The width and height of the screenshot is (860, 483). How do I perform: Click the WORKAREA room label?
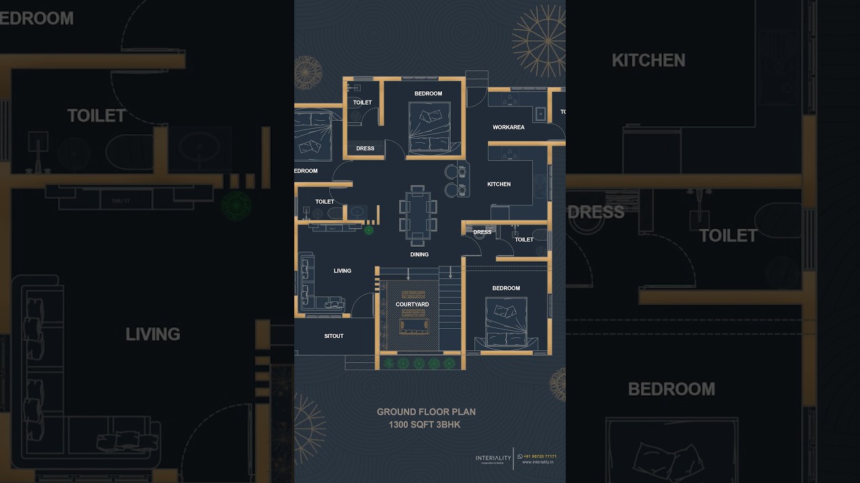click(508, 127)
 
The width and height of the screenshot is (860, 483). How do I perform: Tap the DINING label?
click(419, 255)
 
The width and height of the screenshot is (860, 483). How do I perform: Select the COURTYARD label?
click(412, 305)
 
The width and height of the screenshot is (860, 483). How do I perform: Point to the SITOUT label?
click(334, 336)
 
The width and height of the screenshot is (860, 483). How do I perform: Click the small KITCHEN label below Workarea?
click(499, 184)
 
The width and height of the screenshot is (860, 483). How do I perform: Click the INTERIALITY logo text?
click(493, 458)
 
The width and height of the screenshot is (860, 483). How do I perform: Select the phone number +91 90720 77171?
click(540, 456)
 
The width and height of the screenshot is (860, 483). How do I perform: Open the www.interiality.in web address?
click(537, 462)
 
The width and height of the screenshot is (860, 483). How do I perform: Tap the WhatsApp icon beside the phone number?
click(520, 456)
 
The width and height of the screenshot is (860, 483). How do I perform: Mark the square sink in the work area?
click(540, 114)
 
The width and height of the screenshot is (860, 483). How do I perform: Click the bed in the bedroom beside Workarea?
click(429, 127)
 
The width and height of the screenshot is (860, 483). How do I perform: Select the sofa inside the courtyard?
click(412, 326)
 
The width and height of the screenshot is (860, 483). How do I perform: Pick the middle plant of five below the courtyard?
click(418, 363)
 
